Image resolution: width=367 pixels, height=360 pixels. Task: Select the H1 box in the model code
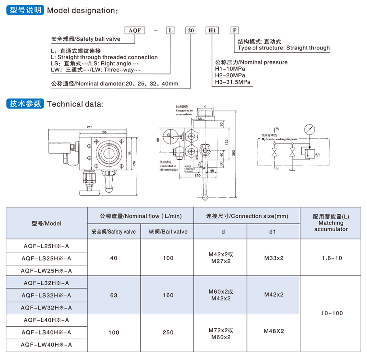tap(212, 30)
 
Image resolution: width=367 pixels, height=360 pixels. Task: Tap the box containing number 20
tap(191, 30)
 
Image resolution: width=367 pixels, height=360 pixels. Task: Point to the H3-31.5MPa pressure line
tap(233, 82)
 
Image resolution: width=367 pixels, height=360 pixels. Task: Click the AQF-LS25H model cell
tap(47, 258)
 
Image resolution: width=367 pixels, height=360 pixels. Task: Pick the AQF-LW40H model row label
tap(47, 345)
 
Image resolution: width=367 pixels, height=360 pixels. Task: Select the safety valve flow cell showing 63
tap(114, 295)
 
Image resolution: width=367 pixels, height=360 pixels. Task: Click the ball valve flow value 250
tap(168, 332)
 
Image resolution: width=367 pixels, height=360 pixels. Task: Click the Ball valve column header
tap(168, 232)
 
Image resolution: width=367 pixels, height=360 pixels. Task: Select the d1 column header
tap(272, 232)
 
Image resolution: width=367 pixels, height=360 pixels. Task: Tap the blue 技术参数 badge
tap(25, 104)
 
